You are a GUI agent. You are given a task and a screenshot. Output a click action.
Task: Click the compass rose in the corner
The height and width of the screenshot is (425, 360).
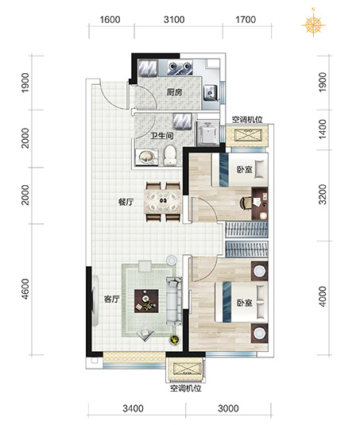tap(313, 24)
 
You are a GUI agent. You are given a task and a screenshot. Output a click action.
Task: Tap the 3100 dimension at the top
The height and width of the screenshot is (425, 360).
tap(174, 20)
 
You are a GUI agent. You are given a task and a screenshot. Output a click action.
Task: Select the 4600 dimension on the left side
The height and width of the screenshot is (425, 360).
tap(25, 289)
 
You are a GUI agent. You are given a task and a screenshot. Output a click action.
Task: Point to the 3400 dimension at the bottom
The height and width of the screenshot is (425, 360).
tap(133, 408)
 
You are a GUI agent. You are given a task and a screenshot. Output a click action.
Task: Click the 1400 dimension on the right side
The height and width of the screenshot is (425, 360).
tap(323, 129)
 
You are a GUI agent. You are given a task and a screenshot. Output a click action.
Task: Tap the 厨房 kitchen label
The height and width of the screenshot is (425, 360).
tap(174, 93)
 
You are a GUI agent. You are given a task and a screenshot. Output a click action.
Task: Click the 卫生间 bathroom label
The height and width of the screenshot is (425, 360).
tap(162, 136)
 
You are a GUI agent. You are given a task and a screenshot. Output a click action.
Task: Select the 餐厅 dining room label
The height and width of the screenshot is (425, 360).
tap(126, 202)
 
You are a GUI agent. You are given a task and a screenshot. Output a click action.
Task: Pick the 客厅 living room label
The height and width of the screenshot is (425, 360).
tap(112, 299)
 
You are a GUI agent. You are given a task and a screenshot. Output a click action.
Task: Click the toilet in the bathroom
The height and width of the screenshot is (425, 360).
tap(170, 156)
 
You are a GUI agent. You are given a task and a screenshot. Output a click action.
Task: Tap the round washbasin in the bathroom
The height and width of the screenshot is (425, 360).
tap(147, 156)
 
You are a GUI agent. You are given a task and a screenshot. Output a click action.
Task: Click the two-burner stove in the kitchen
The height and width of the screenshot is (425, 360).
tap(180, 67)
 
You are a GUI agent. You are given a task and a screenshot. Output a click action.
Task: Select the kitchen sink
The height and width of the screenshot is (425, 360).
tap(211, 92)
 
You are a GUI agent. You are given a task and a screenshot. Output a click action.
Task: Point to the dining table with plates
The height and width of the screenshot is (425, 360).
tap(163, 202)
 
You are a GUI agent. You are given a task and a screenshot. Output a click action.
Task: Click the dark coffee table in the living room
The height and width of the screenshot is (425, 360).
tap(146, 301)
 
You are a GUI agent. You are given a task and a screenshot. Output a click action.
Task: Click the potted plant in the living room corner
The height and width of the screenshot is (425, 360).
tap(175, 340)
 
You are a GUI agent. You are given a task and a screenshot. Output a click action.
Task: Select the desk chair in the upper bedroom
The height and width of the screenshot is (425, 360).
tap(246, 203)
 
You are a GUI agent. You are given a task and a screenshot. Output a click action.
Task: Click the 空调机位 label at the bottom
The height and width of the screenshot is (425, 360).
tap(186, 388)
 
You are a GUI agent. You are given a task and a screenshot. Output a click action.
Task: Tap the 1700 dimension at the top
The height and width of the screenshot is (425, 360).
tap(246, 20)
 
